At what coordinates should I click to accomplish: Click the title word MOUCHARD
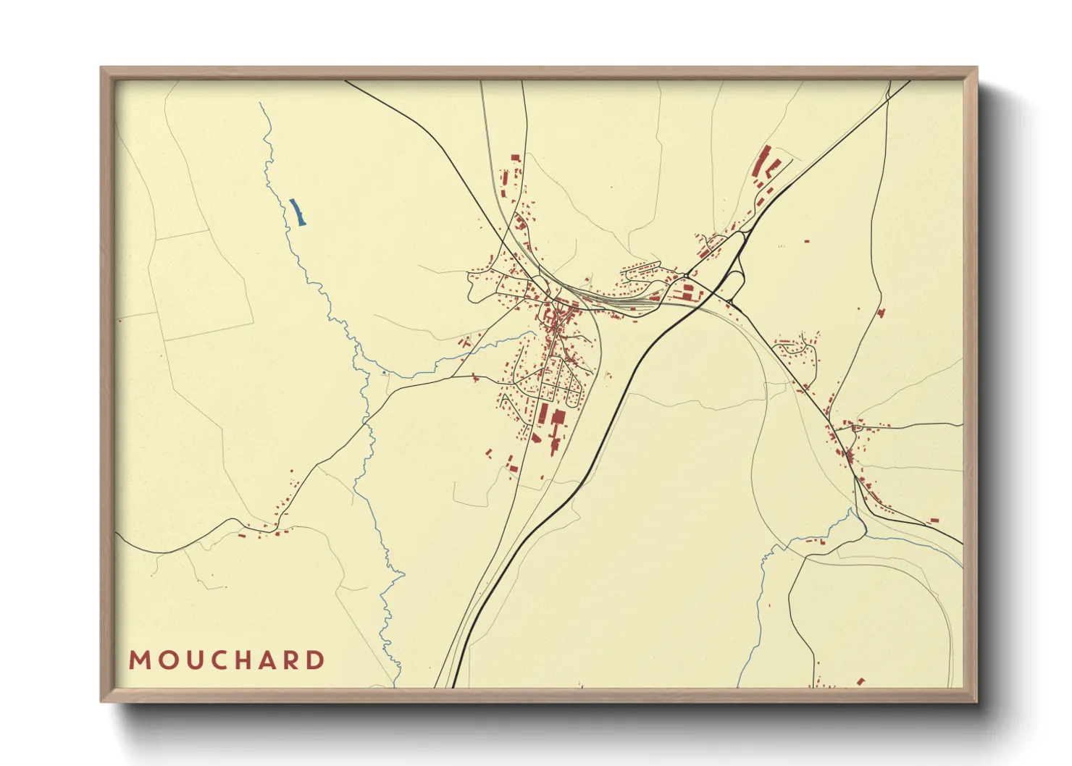(x=227, y=660)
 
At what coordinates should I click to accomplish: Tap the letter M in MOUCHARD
(x=138, y=660)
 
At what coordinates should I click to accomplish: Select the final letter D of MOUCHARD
(x=316, y=660)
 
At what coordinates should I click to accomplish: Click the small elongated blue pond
(x=298, y=212)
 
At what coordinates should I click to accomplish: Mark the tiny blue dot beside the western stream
(x=383, y=373)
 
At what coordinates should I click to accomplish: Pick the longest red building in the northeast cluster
(x=762, y=161)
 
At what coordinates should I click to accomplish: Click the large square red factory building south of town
(x=558, y=417)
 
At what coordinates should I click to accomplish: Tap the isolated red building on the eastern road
(x=881, y=313)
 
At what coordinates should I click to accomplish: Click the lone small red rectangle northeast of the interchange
(x=806, y=240)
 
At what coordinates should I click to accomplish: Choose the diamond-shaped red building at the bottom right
(x=860, y=681)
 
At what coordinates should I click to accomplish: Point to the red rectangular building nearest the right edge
(x=934, y=520)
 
